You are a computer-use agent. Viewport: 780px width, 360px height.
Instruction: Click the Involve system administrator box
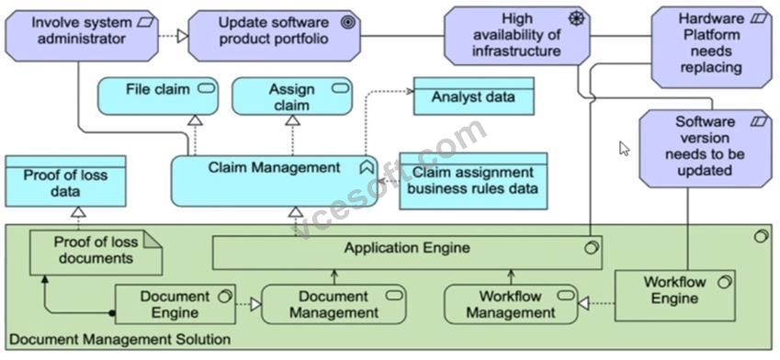click(x=82, y=36)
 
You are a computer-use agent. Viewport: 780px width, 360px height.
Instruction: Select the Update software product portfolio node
click(x=274, y=36)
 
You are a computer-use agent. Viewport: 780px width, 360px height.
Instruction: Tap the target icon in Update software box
click(x=348, y=23)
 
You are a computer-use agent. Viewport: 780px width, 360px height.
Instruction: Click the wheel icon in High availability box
click(x=576, y=19)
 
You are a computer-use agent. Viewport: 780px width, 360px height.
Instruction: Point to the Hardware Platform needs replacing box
click(x=711, y=47)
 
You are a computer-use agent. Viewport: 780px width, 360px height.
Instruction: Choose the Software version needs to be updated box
click(x=705, y=149)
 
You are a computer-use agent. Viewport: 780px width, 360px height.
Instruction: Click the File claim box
click(x=158, y=96)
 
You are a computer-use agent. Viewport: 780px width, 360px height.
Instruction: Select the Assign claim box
click(x=292, y=96)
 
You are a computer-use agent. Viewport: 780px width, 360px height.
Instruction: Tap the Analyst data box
click(x=473, y=96)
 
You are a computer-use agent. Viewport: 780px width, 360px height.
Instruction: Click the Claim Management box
click(x=274, y=181)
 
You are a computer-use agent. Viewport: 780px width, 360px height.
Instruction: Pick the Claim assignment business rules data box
click(x=473, y=181)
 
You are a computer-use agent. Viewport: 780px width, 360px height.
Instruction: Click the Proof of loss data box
click(x=65, y=181)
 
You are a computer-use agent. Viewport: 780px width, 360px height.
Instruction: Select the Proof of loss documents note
click(x=96, y=253)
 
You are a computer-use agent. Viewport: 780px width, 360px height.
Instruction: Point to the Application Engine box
click(x=407, y=253)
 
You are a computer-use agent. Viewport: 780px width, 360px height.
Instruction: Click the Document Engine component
click(x=175, y=304)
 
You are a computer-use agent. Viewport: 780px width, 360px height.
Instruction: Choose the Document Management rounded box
click(x=333, y=304)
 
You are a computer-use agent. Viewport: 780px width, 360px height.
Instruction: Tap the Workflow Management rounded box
click(x=511, y=304)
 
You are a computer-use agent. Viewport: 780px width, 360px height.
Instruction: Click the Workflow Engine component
click(x=675, y=296)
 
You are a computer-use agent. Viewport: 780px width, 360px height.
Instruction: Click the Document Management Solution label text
click(x=119, y=340)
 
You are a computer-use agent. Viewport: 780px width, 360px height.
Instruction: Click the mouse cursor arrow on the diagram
click(x=625, y=149)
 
